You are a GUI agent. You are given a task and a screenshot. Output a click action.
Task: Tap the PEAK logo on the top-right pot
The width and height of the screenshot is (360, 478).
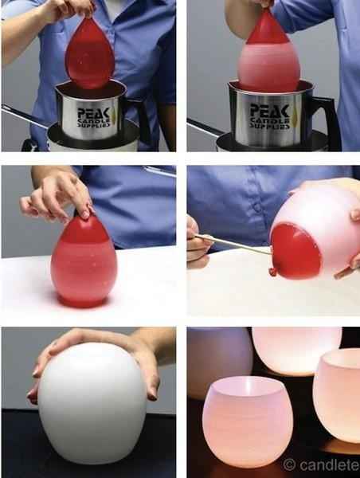point(270,110)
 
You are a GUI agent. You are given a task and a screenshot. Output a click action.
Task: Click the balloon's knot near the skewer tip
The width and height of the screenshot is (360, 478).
point(273,272)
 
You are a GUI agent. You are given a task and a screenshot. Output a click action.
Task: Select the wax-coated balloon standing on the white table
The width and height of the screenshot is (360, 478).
point(84,263)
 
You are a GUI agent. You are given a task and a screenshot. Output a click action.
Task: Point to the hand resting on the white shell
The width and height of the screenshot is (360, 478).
point(104,347)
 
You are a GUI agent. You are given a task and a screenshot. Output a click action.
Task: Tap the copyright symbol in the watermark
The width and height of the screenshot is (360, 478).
point(289,464)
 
